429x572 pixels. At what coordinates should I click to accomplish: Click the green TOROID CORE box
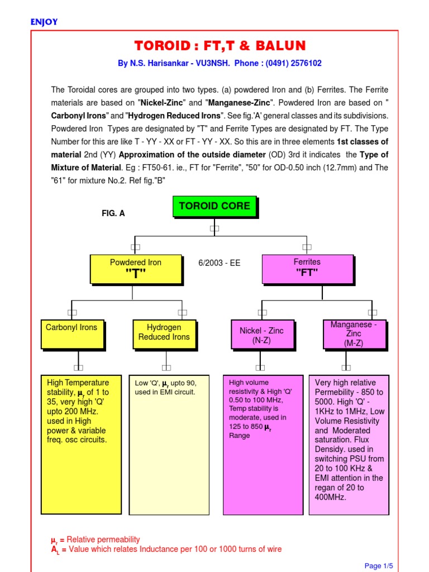(x=215, y=207)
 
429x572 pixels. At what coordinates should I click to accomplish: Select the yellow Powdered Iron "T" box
(x=136, y=269)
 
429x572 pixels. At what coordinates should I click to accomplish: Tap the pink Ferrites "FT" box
(x=307, y=269)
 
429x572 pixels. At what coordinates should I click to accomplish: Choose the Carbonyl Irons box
(x=71, y=333)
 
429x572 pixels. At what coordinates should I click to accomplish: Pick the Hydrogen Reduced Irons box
(x=164, y=333)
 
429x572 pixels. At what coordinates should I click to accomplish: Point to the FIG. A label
(x=113, y=213)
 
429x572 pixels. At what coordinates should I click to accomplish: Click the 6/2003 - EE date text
(x=220, y=263)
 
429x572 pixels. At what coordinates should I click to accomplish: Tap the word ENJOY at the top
(x=44, y=22)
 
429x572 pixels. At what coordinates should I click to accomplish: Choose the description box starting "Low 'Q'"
(x=169, y=444)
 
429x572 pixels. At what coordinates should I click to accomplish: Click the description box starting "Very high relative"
(x=349, y=444)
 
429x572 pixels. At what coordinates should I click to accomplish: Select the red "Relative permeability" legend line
(x=96, y=540)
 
